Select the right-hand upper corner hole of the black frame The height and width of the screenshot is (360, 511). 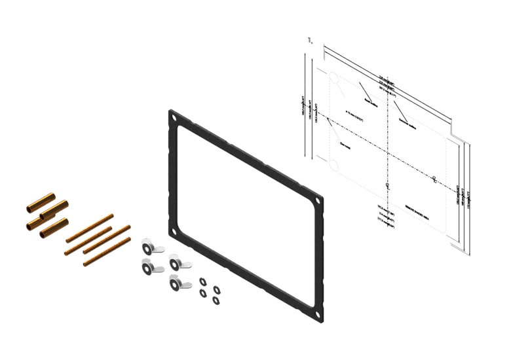tap(319, 202)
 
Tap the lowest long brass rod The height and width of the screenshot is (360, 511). tap(105, 253)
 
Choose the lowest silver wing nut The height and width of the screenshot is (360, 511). tap(176, 283)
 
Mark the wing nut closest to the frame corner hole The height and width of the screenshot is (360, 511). tap(176, 261)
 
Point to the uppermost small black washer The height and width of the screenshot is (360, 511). tap(202, 279)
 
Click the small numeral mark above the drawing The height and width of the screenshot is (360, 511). tap(309, 42)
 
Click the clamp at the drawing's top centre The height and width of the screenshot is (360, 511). tap(386, 85)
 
